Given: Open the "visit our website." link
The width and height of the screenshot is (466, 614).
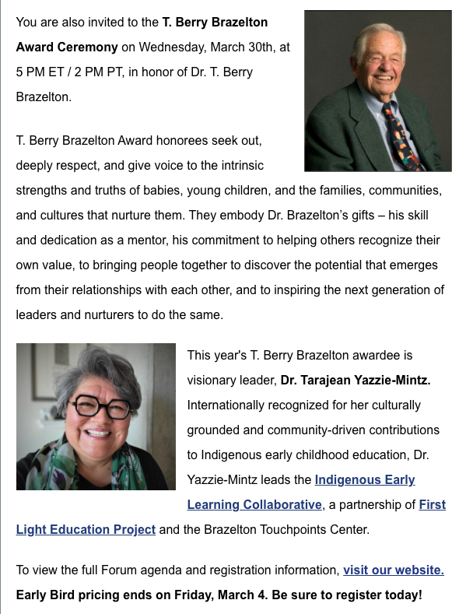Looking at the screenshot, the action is tap(393, 570).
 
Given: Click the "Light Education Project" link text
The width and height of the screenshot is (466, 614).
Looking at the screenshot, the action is tap(86, 529).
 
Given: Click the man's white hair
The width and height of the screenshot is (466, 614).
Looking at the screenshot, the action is tap(373, 35).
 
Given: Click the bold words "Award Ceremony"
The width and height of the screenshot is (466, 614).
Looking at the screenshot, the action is tap(67, 47).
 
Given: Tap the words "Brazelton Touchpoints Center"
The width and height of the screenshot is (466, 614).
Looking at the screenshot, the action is tap(296, 529).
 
